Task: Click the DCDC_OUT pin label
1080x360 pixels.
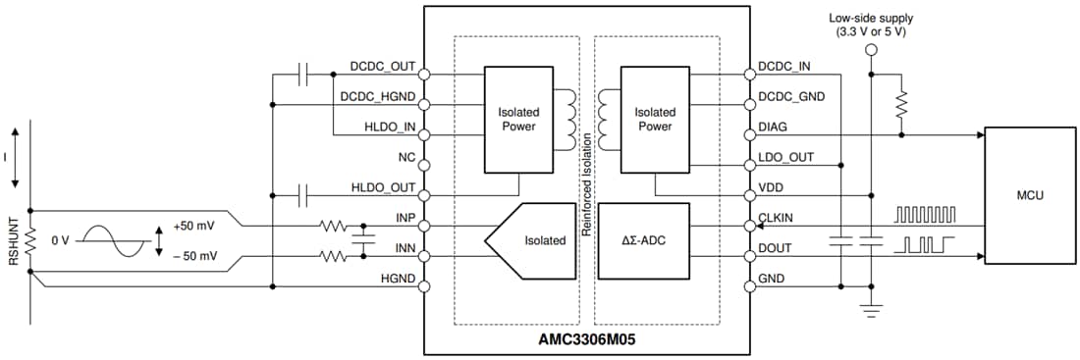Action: click(x=383, y=69)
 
